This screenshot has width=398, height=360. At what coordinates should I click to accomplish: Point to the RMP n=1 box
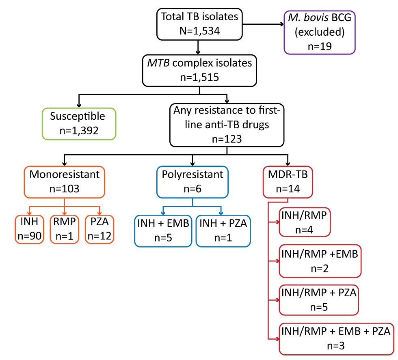65,229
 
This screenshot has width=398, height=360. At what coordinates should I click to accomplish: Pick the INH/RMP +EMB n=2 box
319,261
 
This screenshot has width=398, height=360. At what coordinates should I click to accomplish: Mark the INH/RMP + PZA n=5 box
319,300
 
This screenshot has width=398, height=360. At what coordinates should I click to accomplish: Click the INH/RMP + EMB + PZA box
335,338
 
